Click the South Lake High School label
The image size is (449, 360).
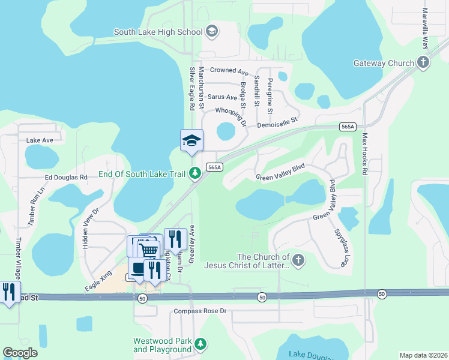pyautogui.click(x=158, y=32)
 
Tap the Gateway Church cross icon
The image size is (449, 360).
pyautogui.click(x=423, y=62)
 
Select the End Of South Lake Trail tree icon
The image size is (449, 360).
pyautogui.click(x=194, y=175)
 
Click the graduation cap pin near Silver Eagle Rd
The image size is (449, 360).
pyautogui.click(x=192, y=141)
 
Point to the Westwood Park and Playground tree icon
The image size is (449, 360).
pyautogui.click(x=201, y=344)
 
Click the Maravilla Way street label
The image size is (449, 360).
pyautogui.click(x=425, y=29)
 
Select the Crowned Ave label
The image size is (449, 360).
pyautogui.click(x=229, y=71)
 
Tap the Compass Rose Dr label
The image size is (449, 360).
pyautogui.click(x=200, y=311)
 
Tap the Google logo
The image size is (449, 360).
pyautogui.click(x=20, y=353)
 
